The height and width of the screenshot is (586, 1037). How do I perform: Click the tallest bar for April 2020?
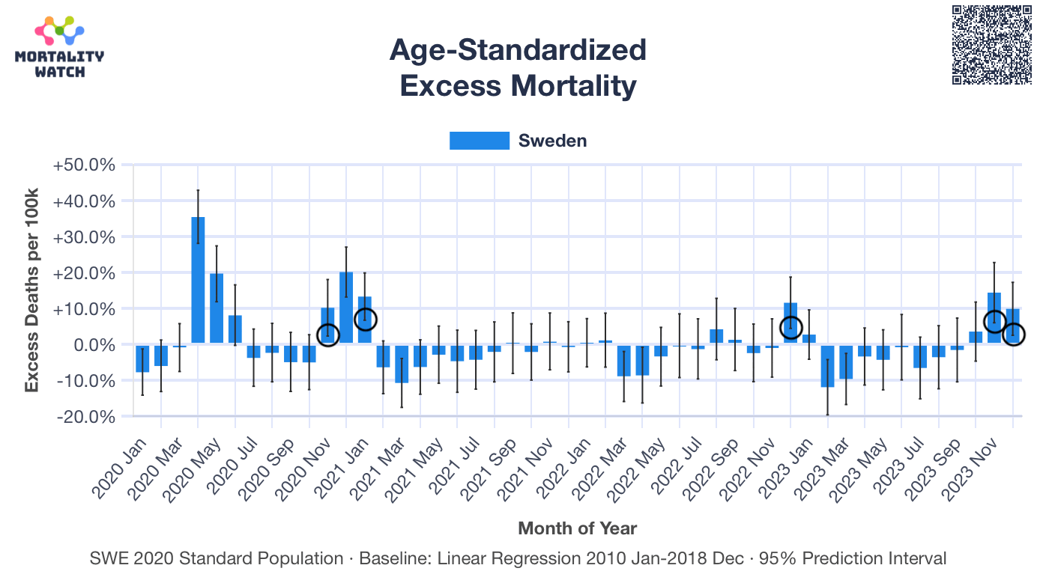pos(198,280)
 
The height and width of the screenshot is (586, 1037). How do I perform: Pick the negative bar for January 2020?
pos(142,358)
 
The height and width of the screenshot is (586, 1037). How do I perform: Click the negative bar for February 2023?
pos(827,366)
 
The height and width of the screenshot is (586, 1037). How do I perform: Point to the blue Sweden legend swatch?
pos(479,141)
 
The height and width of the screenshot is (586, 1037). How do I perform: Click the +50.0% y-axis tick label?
pos(85,165)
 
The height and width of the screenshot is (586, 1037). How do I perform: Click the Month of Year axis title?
pos(577,528)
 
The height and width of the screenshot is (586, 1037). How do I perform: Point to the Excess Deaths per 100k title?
pos(31,292)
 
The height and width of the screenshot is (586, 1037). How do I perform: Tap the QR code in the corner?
pos(992,44)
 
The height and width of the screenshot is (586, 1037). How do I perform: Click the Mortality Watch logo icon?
pos(59,31)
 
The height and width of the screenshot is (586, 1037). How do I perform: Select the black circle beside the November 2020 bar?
pos(328,335)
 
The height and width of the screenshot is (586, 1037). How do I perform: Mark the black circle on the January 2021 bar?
pos(365,320)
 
